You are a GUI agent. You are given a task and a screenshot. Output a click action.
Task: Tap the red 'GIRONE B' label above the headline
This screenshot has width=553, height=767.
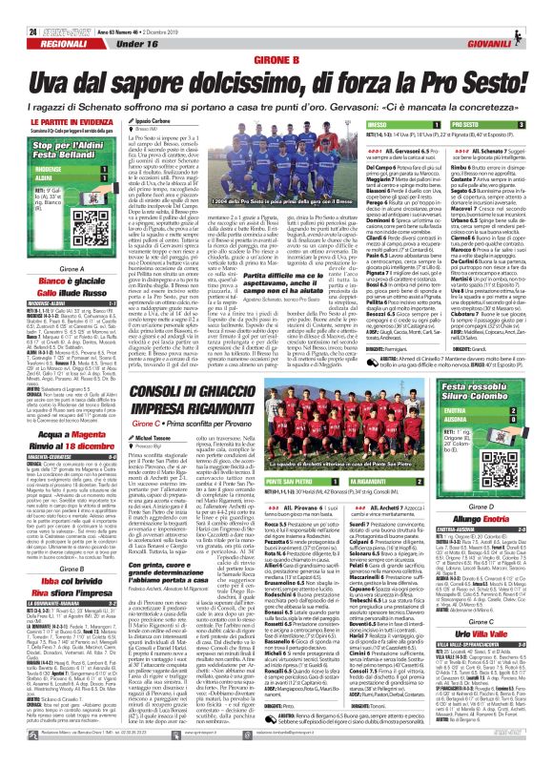[276, 59]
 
